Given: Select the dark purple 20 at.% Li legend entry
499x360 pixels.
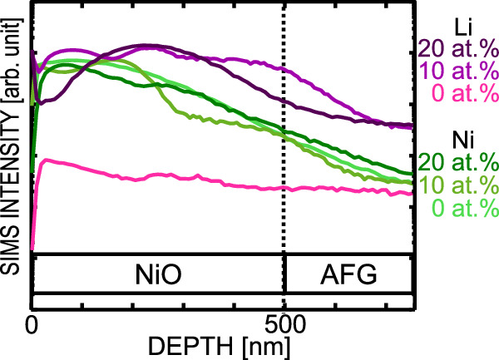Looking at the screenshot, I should [x=457, y=45].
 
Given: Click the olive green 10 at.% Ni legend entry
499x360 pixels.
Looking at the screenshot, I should [x=457, y=183].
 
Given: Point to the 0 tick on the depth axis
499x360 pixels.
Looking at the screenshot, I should [x=32, y=322].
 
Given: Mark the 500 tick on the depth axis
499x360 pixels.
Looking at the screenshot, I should [x=284, y=322].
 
